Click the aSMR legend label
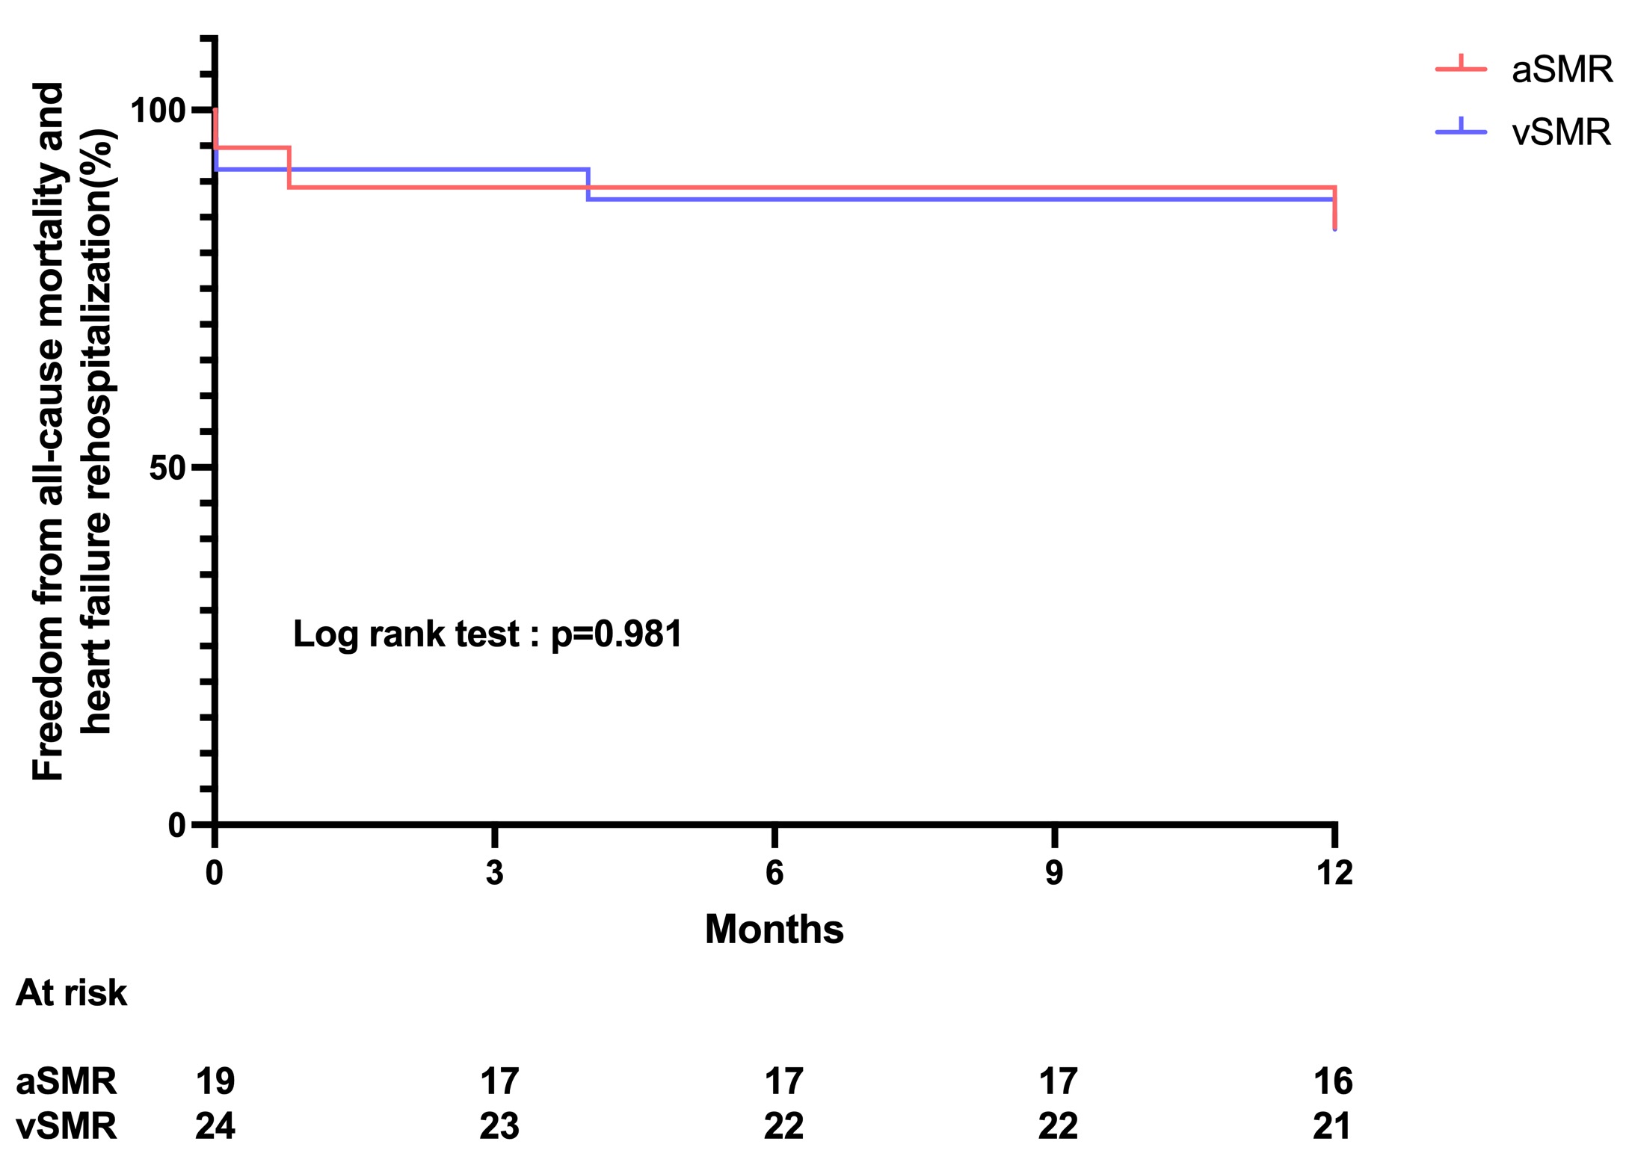pos(1561,69)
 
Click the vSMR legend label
pos(1561,132)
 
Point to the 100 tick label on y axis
pos(158,110)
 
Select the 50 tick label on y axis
pos(167,468)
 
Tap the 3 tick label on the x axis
pos(494,872)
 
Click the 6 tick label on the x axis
pos(774,872)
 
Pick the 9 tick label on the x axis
pos(1054,872)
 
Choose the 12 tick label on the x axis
pos(1334,872)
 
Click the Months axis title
pos(774,929)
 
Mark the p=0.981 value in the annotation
pos(616,634)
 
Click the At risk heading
pos(71,993)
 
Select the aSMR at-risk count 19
pos(215,1081)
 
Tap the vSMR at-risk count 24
pos(215,1125)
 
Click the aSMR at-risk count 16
pos(1333,1081)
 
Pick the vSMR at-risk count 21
pos(1333,1125)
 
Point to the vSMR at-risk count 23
pos(499,1125)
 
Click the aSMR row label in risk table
pos(66,1081)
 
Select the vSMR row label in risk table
pos(66,1125)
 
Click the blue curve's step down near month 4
pos(588,185)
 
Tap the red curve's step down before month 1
pos(289,167)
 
